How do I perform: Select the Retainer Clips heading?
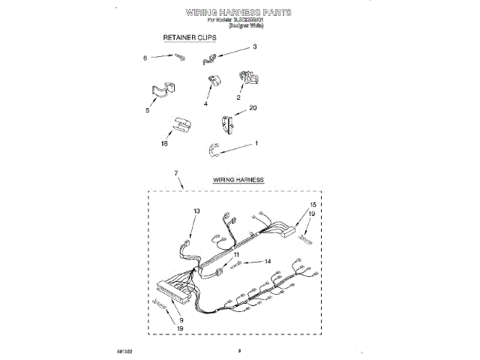(x=190, y=37)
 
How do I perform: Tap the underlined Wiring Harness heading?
(x=238, y=180)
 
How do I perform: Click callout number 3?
(x=254, y=47)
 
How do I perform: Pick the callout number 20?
(x=253, y=108)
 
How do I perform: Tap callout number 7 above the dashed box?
(x=176, y=174)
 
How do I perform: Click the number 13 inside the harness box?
(x=197, y=212)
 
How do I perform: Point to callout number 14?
(x=267, y=261)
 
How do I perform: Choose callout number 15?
(x=313, y=205)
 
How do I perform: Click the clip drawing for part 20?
(x=226, y=123)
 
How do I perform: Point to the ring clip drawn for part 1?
(x=214, y=151)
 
